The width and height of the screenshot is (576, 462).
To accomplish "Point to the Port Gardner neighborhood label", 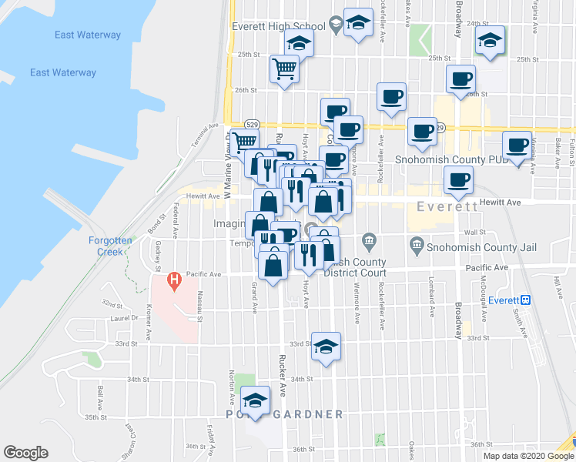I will (285, 414).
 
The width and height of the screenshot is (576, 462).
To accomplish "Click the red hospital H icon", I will (174, 278).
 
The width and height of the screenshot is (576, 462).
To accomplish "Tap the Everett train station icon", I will (526, 300).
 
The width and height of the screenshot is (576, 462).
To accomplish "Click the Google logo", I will (25, 453).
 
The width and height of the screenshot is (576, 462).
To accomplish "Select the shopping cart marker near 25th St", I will (284, 70).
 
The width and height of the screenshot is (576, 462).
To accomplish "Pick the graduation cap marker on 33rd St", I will (326, 346).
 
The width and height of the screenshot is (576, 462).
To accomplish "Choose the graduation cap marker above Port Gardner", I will (256, 400).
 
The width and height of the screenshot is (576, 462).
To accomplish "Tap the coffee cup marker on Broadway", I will (460, 78).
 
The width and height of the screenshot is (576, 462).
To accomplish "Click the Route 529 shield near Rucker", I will (252, 124).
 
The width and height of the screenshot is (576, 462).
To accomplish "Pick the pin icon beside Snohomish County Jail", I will (417, 247).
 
